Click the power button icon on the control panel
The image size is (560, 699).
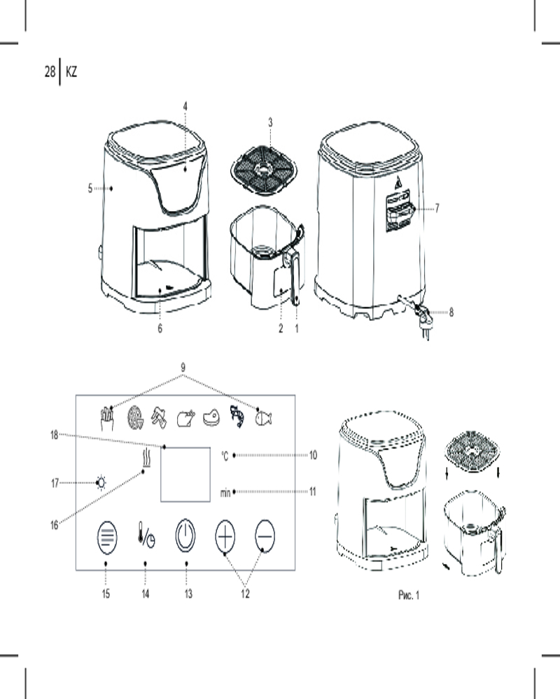click(x=185, y=535)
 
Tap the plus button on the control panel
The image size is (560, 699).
click(x=225, y=535)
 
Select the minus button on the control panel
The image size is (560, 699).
click(x=265, y=535)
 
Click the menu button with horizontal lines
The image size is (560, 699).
click(x=106, y=537)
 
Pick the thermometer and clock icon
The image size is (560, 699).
click(x=146, y=534)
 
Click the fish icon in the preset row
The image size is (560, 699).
click(x=263, y=418)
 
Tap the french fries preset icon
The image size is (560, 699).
click(x=106, y=418)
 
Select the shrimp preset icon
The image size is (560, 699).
click(x=237, y=417)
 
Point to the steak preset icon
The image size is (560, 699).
click(x=211, y=418)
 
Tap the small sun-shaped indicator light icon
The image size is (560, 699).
click(x=101, y=483)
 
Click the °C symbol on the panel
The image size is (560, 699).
click(x=225, y=456)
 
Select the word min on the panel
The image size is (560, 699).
click(x=225, y=492)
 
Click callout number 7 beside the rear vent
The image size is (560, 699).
click(x=437, y=208)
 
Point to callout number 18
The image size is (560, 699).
click(x=55, y=435)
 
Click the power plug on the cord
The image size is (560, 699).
click(x=423, y=319)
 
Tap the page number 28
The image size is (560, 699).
click(x=50, y=71)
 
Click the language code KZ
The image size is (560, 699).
click(x=71, y=72)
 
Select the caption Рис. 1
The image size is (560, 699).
click(x=409, y=595)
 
